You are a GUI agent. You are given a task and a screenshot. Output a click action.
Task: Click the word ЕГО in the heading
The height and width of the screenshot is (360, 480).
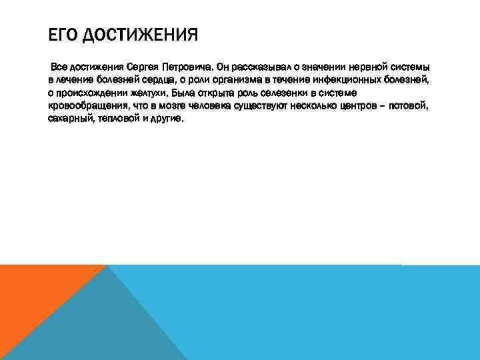(60, 34)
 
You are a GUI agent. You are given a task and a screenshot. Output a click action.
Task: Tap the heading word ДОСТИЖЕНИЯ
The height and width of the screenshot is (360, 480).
(140, 34)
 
